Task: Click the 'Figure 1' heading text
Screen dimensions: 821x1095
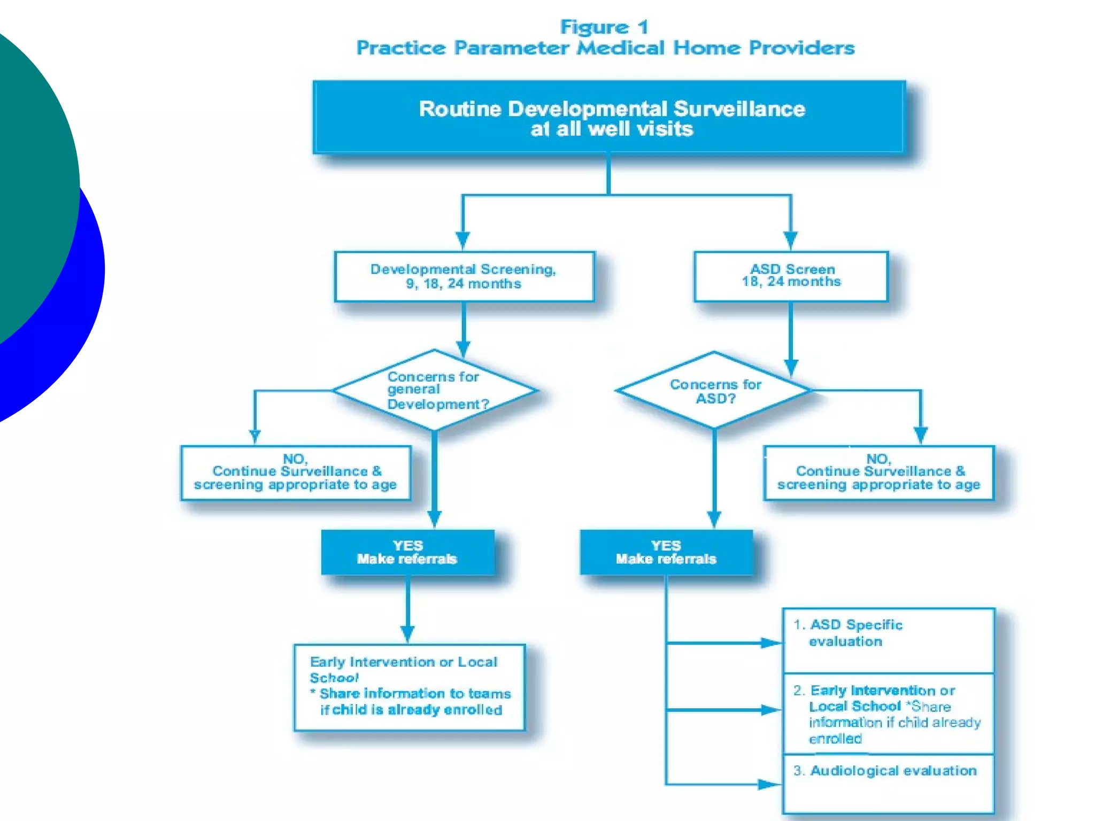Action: pyautogui.click(x=604, y=27)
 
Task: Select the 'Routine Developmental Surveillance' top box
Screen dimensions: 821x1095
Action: pyautogui.click(x=610, y=118)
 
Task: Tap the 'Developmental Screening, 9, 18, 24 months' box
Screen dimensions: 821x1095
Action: pyautogui.click(x=464, y=276)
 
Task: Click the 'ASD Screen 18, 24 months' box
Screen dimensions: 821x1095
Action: pyautogui.click(x=791, y=276)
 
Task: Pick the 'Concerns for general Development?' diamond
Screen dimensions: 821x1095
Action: pyautogui.click(x=435, y=390)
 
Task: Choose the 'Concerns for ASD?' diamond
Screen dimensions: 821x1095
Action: pyautogui.click(x=714, y=391)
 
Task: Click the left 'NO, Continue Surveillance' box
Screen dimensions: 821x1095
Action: pyautogui.click(x=296, y=473)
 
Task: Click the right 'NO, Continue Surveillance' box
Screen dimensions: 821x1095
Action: pyautogui.click(x=879, y=473)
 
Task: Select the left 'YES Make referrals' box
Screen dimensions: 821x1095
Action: pyautogui.click(x=407, y=552)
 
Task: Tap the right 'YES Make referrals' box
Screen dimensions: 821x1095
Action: pyautogui.click(x=666, y=552)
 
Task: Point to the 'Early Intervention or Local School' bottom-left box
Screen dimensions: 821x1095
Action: pyautogui.click(x=410, y=687)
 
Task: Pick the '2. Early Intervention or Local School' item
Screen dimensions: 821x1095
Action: pyautogui.click(x=888, y=714)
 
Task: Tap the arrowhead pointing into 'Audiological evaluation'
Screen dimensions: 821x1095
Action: pyautogui.click(x=770, y=784)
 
